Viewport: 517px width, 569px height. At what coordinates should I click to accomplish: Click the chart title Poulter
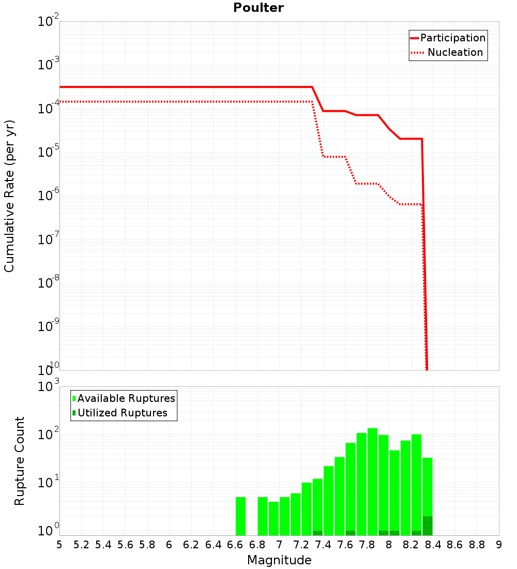(258, 8)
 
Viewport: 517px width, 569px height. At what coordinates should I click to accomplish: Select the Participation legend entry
(452, 38)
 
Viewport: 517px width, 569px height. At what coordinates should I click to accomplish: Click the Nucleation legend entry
(454, 52)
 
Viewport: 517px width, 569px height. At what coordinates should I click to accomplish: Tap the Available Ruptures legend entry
(126, 398)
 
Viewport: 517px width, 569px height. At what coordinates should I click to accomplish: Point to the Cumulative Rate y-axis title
(9, 196)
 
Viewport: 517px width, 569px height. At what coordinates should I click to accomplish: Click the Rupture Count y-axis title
(20, 460)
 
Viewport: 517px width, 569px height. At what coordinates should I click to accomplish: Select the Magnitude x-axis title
(279, 560)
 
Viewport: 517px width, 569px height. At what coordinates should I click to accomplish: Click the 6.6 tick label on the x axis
(235, 545)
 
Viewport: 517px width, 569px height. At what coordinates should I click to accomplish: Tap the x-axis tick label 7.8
(367, 545)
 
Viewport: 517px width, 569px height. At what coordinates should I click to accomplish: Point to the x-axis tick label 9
(499, 545)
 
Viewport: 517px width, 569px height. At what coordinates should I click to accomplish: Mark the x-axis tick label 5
(59, 545)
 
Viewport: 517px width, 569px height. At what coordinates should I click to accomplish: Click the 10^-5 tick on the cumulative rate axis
(49, 153)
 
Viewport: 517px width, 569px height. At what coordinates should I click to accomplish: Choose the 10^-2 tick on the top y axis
(49, 22)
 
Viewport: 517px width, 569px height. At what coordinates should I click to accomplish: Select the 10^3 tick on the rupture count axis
(49, 386)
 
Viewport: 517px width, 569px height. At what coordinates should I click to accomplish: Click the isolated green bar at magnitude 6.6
(240, 516)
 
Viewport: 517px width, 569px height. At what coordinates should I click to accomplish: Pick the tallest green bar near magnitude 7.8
(372, 482)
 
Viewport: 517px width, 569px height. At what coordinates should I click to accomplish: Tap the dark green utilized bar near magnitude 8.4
(427, 526)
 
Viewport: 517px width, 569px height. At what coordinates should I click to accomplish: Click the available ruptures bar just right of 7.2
(307, 508)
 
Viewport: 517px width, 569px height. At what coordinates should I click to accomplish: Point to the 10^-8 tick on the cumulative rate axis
(49, 283)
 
